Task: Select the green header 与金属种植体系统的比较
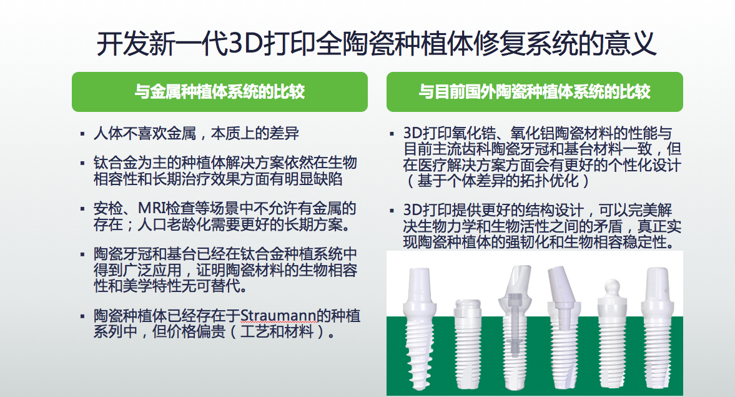point(219,91)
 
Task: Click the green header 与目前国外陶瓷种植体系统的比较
point(535,91)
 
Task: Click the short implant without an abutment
point(468,345)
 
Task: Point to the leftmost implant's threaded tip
point(418,375)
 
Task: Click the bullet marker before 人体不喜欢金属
point(82,134)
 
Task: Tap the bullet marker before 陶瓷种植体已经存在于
point(82,317)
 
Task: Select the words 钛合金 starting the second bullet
point(116,163)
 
